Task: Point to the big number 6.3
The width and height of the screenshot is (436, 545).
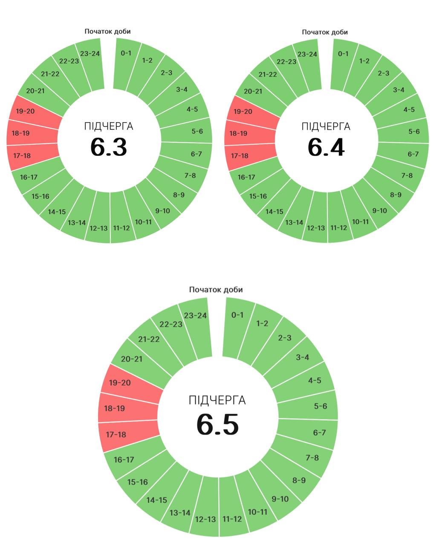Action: tap(109, 147)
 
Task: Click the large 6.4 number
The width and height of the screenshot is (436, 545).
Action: tap(326, 147)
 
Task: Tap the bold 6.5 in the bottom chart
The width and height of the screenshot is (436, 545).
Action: tap(217, 424)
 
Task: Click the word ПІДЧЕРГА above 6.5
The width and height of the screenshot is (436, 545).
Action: tap(217, 401)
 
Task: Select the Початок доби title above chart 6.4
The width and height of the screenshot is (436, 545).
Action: tap(325, 32)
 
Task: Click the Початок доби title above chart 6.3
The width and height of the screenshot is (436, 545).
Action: tap(107, 32)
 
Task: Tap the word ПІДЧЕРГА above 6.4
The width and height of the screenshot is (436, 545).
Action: tap(326, 126)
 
